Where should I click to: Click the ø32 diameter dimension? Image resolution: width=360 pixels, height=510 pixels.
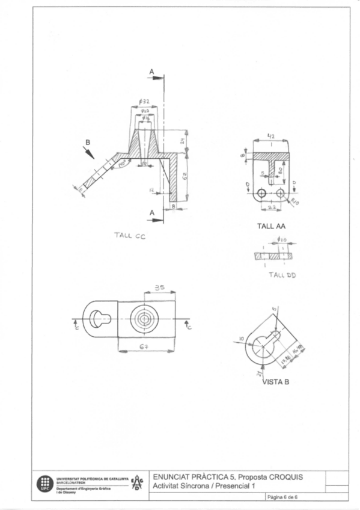[145, 102]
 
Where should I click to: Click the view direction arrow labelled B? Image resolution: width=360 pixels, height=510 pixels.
[89, 151]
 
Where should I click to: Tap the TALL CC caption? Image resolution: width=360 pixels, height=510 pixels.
[126, 236]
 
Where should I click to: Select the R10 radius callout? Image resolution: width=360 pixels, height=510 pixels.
[294, 200]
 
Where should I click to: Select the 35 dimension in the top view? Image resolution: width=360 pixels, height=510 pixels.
[159, 289]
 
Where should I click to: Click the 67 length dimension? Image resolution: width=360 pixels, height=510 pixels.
[145, 348]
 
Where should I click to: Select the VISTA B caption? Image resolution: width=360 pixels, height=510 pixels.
[276, 381]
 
